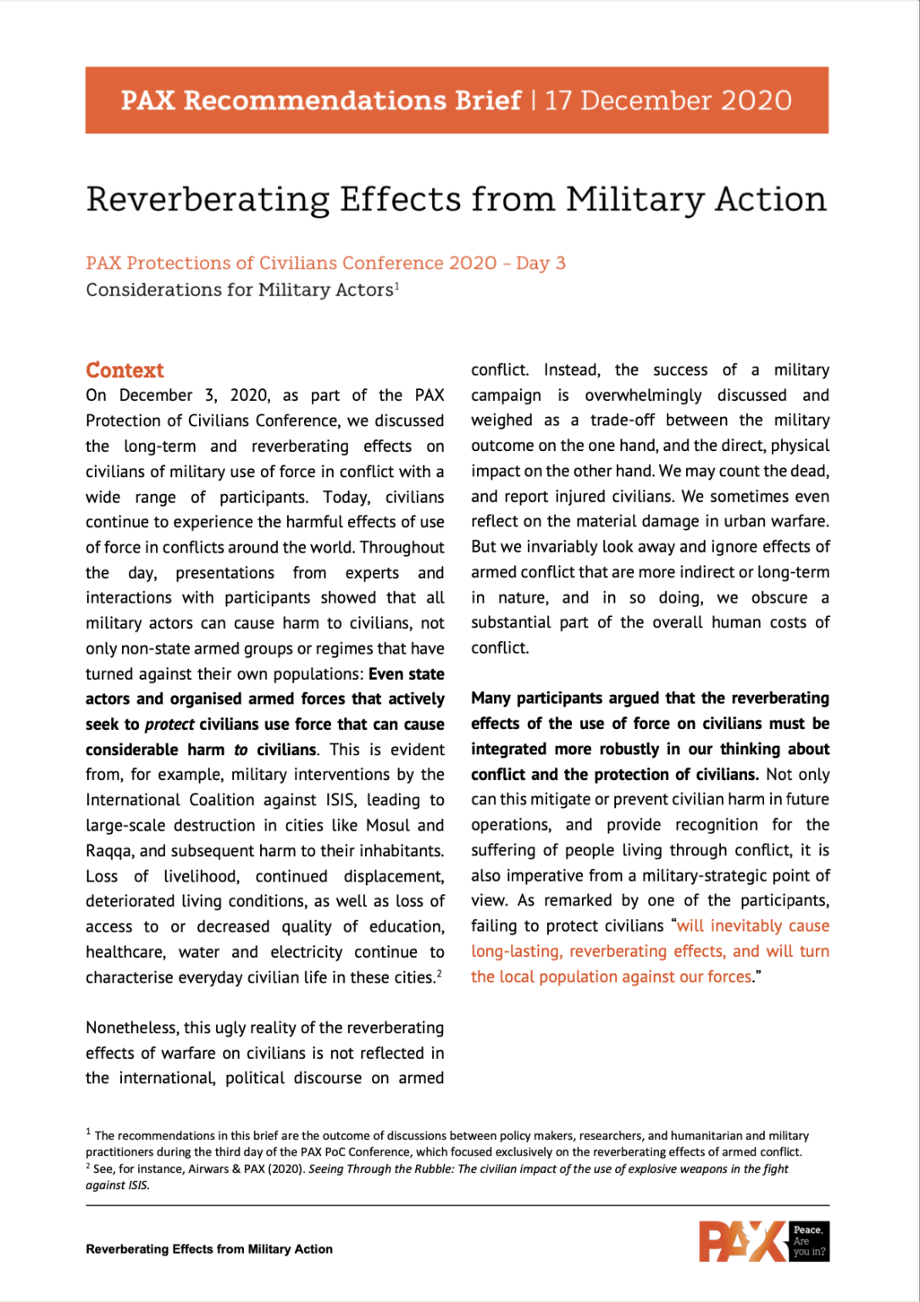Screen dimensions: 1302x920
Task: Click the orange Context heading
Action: tap(125, 370)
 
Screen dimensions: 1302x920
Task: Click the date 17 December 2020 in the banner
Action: tap(668, 100)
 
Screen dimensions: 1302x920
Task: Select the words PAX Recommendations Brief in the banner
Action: tap(320, 100)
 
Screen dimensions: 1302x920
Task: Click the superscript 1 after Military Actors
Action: tap(396, 286)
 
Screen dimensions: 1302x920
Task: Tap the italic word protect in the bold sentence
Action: tap(169, 725)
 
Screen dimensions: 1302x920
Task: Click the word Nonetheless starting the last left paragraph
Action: tap(131, 1028)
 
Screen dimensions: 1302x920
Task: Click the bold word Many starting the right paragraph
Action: tap(490, 698)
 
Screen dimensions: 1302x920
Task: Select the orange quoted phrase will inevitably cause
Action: tap(753, 926)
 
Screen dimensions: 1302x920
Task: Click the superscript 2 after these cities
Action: tap(439, 973)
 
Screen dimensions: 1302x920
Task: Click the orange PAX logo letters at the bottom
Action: tap(741, 1242)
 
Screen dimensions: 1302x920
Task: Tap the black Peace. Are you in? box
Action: tap(809, 1241)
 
